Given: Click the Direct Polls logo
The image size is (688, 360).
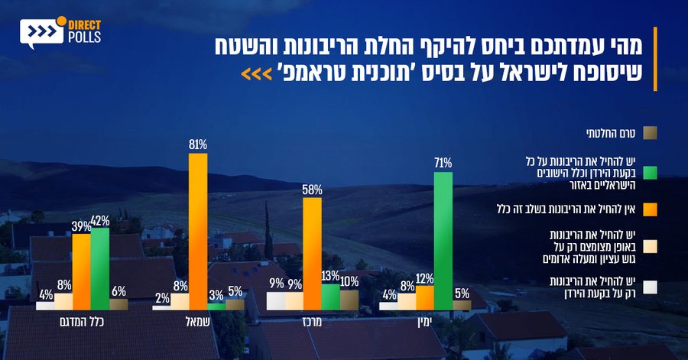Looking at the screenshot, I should (x=60, y=33).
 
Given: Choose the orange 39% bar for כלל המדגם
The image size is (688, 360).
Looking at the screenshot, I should (x=81, y=272).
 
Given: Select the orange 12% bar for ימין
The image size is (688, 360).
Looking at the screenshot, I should (x=424, y=298).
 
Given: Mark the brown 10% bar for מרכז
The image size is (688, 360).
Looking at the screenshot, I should (x=349, y=300).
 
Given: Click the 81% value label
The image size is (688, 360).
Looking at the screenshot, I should (x=198, y=144).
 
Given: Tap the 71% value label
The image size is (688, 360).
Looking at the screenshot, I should (x=443, y=163).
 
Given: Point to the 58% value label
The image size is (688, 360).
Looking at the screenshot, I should (x=312, y=190).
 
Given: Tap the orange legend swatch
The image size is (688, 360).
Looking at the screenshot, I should (x=650, y=208).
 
